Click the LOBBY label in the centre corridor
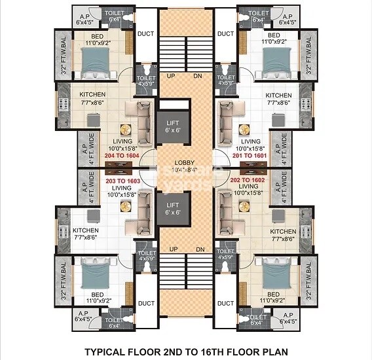coord(185,162)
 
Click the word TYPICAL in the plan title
coord(107,351)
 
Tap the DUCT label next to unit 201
coord(225,33)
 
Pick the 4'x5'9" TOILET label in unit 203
coord(147,255)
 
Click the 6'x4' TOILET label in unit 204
coord(114,16)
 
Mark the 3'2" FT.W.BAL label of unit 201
coord(308,56)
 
